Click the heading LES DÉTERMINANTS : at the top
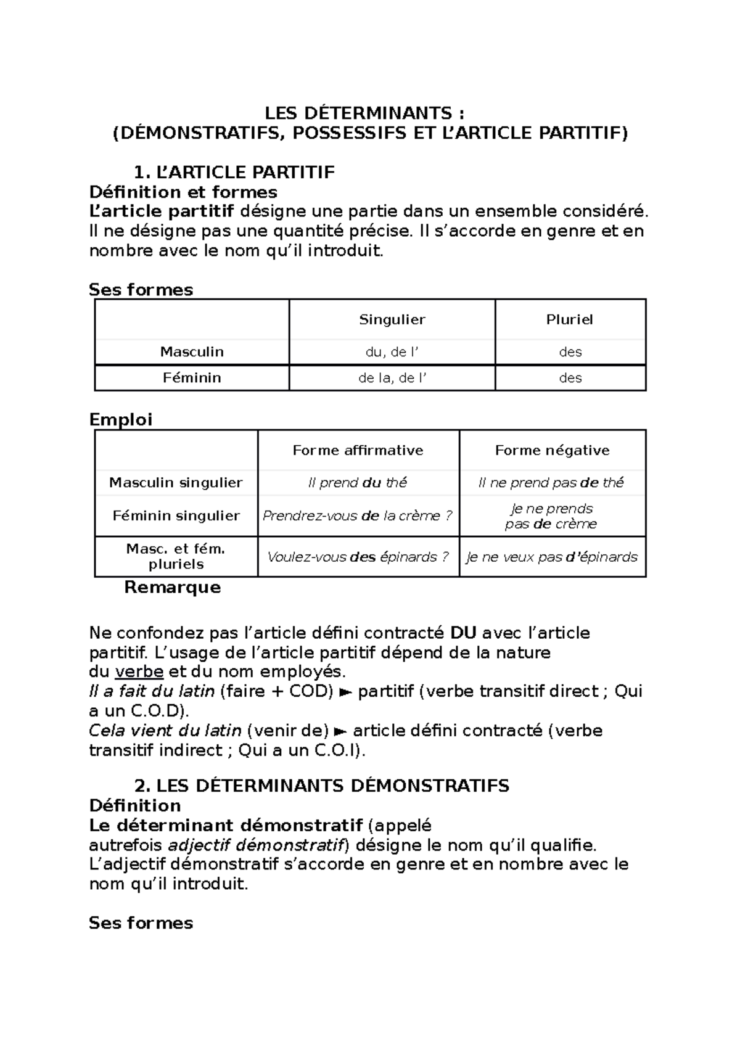pyautogui.click(x=364, y=113)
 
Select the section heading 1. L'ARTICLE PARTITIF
pyautogui.click(x=234, y=172)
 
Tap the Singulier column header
pyautogui.click(x=392, y=319)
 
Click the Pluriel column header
pyautogui.click(x=570, y=319)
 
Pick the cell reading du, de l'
pyautogui.click(x=392, y=352)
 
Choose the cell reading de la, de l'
pyautogui.click(x=392, y=378)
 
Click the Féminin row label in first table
pyautogui.click(x=192, y=378)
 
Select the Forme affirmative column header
pyautogui.click(x=358, y=450)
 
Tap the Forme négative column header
pyautogui.click(x=552, y=450)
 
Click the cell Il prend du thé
pyautogui.click(x=358, y=483)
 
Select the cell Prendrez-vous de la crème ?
pyautogui.click(x=358, y=515)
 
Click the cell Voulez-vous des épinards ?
pyautogui.click(x=358, y=557)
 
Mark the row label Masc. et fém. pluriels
pyautogui.click(x=176, y=556)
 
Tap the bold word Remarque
pyautogui.click(x=172, y=587)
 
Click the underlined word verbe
pyautogui.click(x=139, y=671)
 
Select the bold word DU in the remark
pyautogui.click(x=463, y=633)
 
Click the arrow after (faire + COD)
pyautogui.click(x=346, y=692)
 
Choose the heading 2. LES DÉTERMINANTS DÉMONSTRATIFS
pyautogui.click(x=321, y=786)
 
